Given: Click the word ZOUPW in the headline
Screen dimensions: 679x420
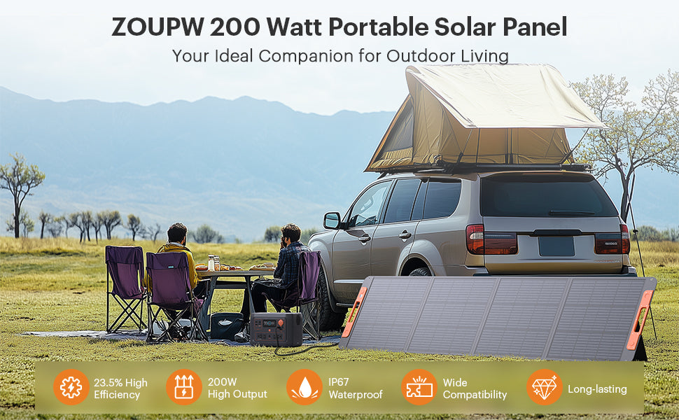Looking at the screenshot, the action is click(x=158, y=27).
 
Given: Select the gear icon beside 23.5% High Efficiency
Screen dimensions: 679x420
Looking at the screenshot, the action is click(x=71, y=387).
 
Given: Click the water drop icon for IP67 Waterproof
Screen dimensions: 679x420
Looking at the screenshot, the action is click(x=304, y=387).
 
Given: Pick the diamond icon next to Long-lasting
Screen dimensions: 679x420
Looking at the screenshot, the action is click(x=545, y=387).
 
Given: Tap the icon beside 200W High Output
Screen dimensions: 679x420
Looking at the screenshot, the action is click(x=184, y=387).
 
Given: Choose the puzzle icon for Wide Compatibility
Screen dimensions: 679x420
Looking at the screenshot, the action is click(x=419, y=387).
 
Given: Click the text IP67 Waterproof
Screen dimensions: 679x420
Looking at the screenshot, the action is click(x=356, y=388).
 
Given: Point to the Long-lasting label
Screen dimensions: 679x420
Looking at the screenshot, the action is click(x=597, y=388).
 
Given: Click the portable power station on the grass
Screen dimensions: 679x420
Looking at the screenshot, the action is click(x=276, y=329).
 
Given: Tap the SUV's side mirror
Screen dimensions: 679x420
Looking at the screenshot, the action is click(x=332, y=220).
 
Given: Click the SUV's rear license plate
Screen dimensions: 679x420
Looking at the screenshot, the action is click(x=556, y=246).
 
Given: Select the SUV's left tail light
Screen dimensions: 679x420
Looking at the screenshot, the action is click(x=491, y=239).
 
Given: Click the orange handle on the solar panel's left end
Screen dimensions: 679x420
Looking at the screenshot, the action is click(x=355, y=311).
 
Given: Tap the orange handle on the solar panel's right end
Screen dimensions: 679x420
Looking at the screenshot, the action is click(x=640, y=320).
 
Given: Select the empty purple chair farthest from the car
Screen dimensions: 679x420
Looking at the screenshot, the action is click(x=125, y=288).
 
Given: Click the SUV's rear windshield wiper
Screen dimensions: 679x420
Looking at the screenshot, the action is click(x=572, y=213).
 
